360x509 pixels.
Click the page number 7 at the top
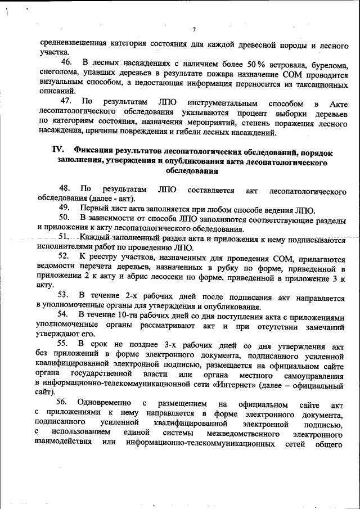click(x=193, y=29)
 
